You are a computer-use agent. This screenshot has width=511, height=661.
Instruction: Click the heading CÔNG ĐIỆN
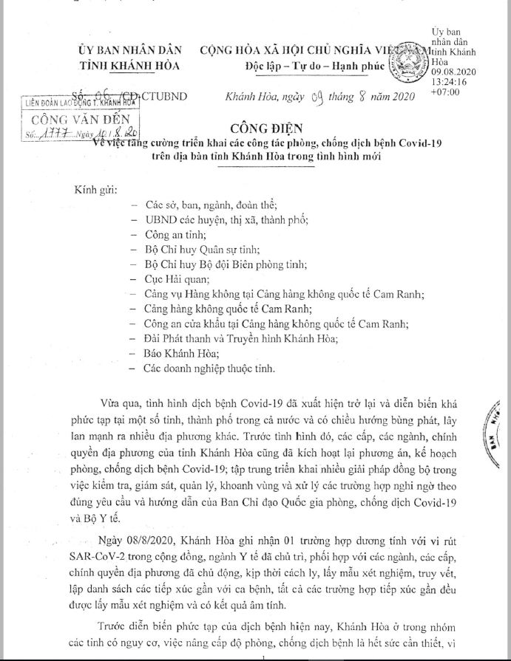[252, 126]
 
